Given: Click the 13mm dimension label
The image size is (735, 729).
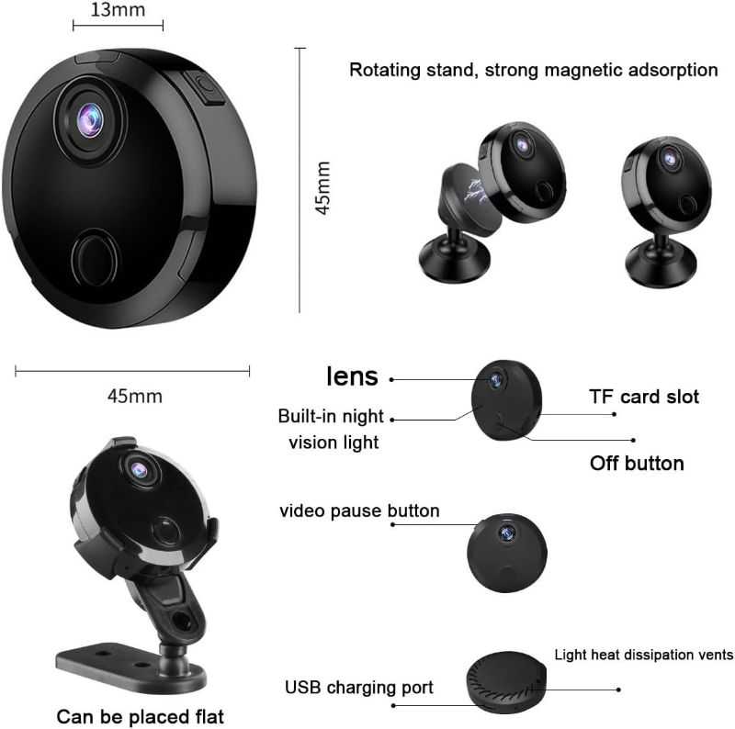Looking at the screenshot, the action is pyautogui.click(x=118, y=10).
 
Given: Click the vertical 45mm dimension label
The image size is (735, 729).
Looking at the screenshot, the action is pyautogui.click(x=323, y=188).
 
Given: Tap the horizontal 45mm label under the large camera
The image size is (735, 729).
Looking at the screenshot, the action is pyautogui.click(x=135, y=397).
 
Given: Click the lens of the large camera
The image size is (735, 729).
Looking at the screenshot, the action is pyautogui.click(x=89, y=120).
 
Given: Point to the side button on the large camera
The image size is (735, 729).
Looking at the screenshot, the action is pyautogui.click(x=205, y=87).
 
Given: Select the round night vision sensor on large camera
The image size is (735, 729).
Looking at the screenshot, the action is pyautogui.click(x=95, y=257).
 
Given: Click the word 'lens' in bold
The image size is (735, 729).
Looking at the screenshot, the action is pyautogui.click(x=352, y=376).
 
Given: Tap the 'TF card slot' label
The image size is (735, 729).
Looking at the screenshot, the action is pyautogui.click(x=644, y=397).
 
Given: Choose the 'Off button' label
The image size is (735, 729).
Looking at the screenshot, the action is pyautogui.click(x=637, y=464).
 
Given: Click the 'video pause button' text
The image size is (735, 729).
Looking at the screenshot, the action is pyautogui.click(x=359, y=510).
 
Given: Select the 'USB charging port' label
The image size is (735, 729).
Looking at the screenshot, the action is pyautogui.click(x=359, y=688).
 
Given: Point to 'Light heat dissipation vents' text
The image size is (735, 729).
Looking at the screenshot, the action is pyautogui.click(x=644, y=655).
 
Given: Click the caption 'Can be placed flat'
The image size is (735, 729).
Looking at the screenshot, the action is pyautogui.click(x=141, y=717).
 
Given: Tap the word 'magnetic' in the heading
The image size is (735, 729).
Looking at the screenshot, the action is pyautogui.click(x=583, y=70).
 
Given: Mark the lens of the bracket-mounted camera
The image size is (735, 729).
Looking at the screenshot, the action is pyautogui.click(x=140, y=470).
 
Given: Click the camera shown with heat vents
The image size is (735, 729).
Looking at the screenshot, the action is pyautogui.click(x=506, y=681).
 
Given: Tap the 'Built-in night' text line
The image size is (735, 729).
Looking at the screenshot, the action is pyautogui.click(x=331, y=416).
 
